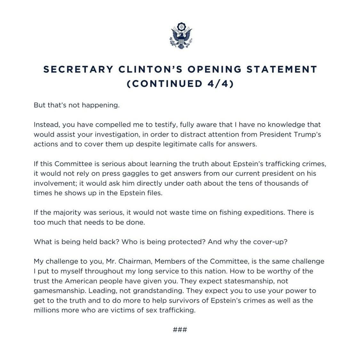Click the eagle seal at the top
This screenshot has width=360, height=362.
tap(180, 35)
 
